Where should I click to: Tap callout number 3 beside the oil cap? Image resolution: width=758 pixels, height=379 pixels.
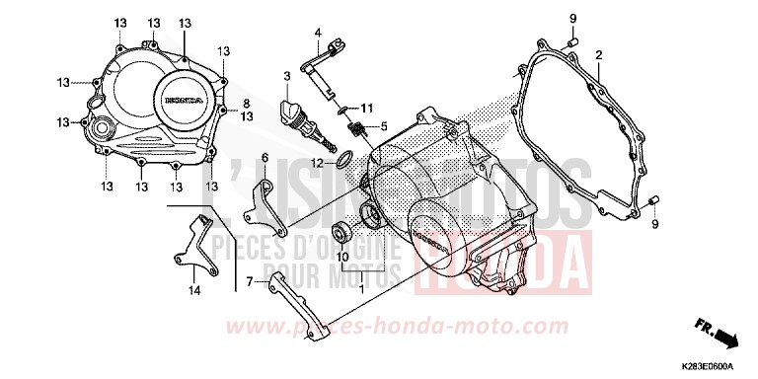[x=285, y=75]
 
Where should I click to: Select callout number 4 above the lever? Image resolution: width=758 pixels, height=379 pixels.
[x=319, y=33]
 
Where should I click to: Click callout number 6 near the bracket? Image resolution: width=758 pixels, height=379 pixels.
[x=265, y=157]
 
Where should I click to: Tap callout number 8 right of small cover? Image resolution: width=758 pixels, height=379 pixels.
[x=247, y=103]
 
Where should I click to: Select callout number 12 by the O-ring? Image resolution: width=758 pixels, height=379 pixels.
[x=318, y=163]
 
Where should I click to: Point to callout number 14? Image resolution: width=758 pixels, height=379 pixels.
[x=194, y=291]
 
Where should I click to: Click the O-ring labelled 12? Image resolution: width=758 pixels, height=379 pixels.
[x=343, y=159]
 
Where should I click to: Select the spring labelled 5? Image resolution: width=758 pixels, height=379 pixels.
[x=362, y=128]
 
